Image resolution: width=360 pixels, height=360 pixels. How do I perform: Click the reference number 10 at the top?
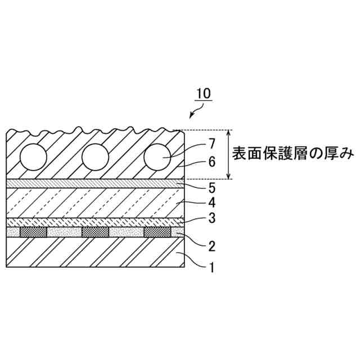coord(203,93)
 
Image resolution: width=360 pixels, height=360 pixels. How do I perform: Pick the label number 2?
coord(211,246)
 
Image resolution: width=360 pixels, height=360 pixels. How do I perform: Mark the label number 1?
coord(211,268)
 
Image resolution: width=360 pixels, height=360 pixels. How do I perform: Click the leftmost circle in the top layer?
coord(34,156)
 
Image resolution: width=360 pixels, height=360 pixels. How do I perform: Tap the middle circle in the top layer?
coord(95,156)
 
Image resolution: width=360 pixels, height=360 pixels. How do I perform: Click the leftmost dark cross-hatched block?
coord(33,232)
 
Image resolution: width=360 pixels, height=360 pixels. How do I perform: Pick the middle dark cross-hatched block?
coord(95,232)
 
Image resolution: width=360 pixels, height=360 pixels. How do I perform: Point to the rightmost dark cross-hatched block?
coord(157,232)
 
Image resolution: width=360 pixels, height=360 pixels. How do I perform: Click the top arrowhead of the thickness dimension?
coord(228,133)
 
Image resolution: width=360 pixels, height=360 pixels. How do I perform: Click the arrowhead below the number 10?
coord(192,116)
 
